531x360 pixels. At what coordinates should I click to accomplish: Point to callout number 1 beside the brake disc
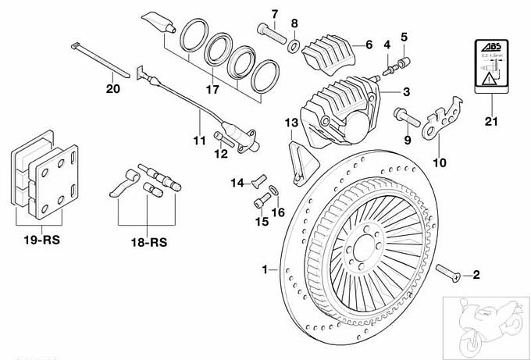click(x=265, y=269)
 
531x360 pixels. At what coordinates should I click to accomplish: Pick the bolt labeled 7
click(x=270, y=30)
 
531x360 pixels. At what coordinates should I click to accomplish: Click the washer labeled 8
click(x=294, y=45)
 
